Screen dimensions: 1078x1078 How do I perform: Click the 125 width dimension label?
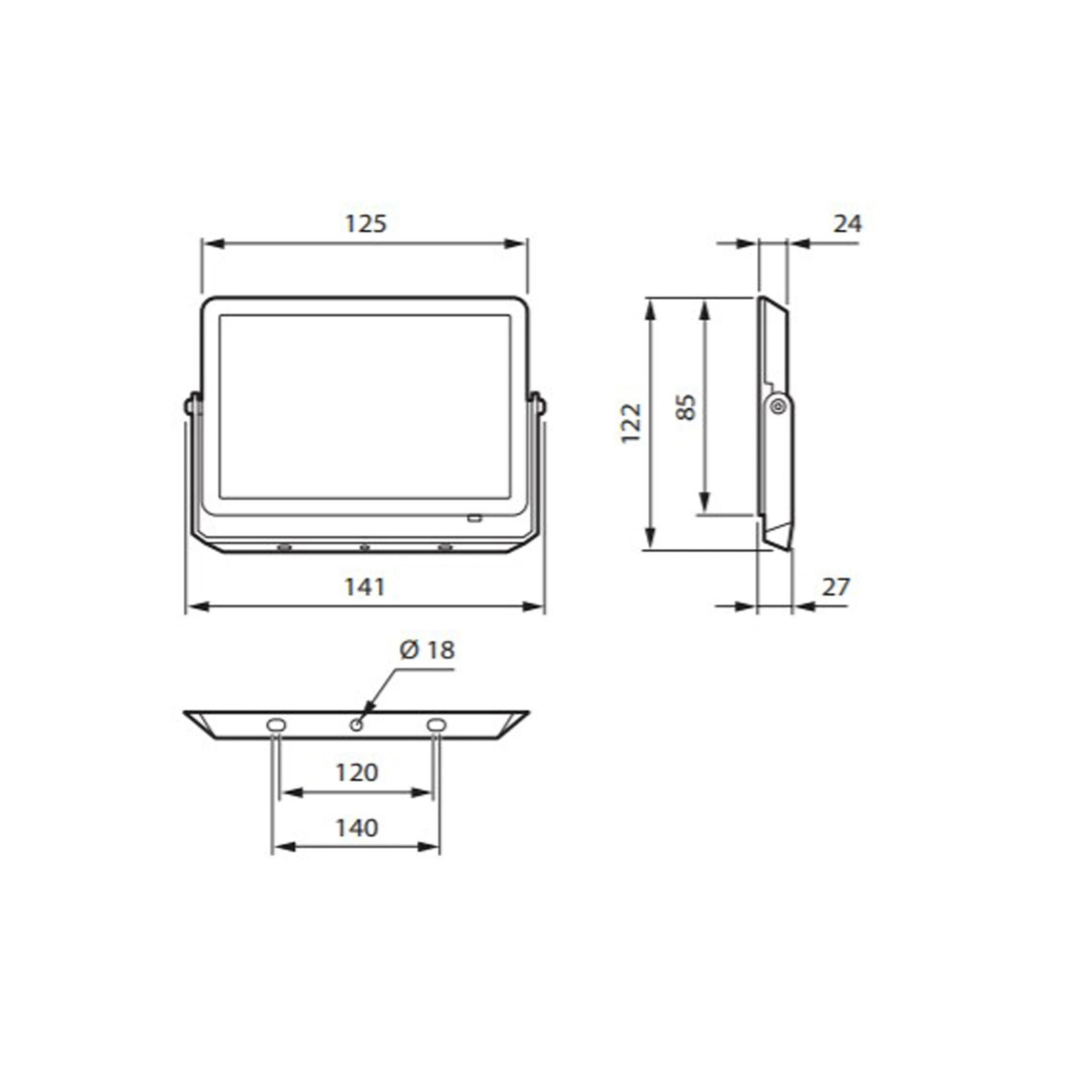(x=366, y=223)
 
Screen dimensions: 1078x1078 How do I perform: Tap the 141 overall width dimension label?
(x=364, y=587)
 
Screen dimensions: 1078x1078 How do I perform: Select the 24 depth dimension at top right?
(x=847, y=223)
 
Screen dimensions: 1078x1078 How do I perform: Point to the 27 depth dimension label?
(x=835, y=587)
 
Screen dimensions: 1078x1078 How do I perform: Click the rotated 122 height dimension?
(x=631, y=422)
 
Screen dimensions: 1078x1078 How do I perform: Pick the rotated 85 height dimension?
(x=685, y=408)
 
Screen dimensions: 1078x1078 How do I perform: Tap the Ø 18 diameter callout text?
(x=427, y=649)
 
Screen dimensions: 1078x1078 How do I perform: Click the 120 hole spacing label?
(x=356, y=772)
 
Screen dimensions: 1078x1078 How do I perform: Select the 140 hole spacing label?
(x=356, y=827)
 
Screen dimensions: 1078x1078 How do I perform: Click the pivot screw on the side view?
(x=778, y=406)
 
